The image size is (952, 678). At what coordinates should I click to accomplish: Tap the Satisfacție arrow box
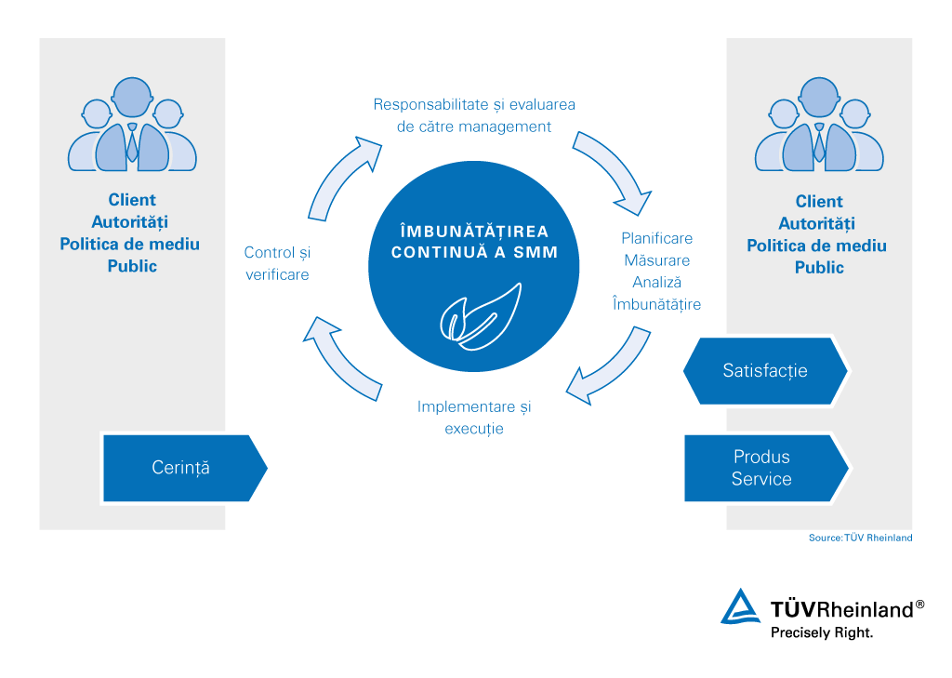765,370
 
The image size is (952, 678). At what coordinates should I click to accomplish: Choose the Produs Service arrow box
764,468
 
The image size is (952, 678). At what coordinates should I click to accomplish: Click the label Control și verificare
276,263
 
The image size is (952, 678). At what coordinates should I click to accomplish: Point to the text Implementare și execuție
474,418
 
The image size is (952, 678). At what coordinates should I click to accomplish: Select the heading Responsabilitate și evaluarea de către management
474,115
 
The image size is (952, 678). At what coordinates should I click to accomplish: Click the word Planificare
656,238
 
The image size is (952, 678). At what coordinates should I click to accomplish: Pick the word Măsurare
656,260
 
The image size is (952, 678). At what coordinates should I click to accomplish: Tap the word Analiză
657,282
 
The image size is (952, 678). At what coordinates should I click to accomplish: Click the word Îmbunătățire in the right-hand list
656,304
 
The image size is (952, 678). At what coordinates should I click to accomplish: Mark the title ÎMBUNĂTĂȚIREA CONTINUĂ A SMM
474,241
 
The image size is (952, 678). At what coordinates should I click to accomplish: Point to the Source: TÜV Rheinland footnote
860,538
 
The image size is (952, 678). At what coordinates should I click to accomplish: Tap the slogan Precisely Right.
822,632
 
